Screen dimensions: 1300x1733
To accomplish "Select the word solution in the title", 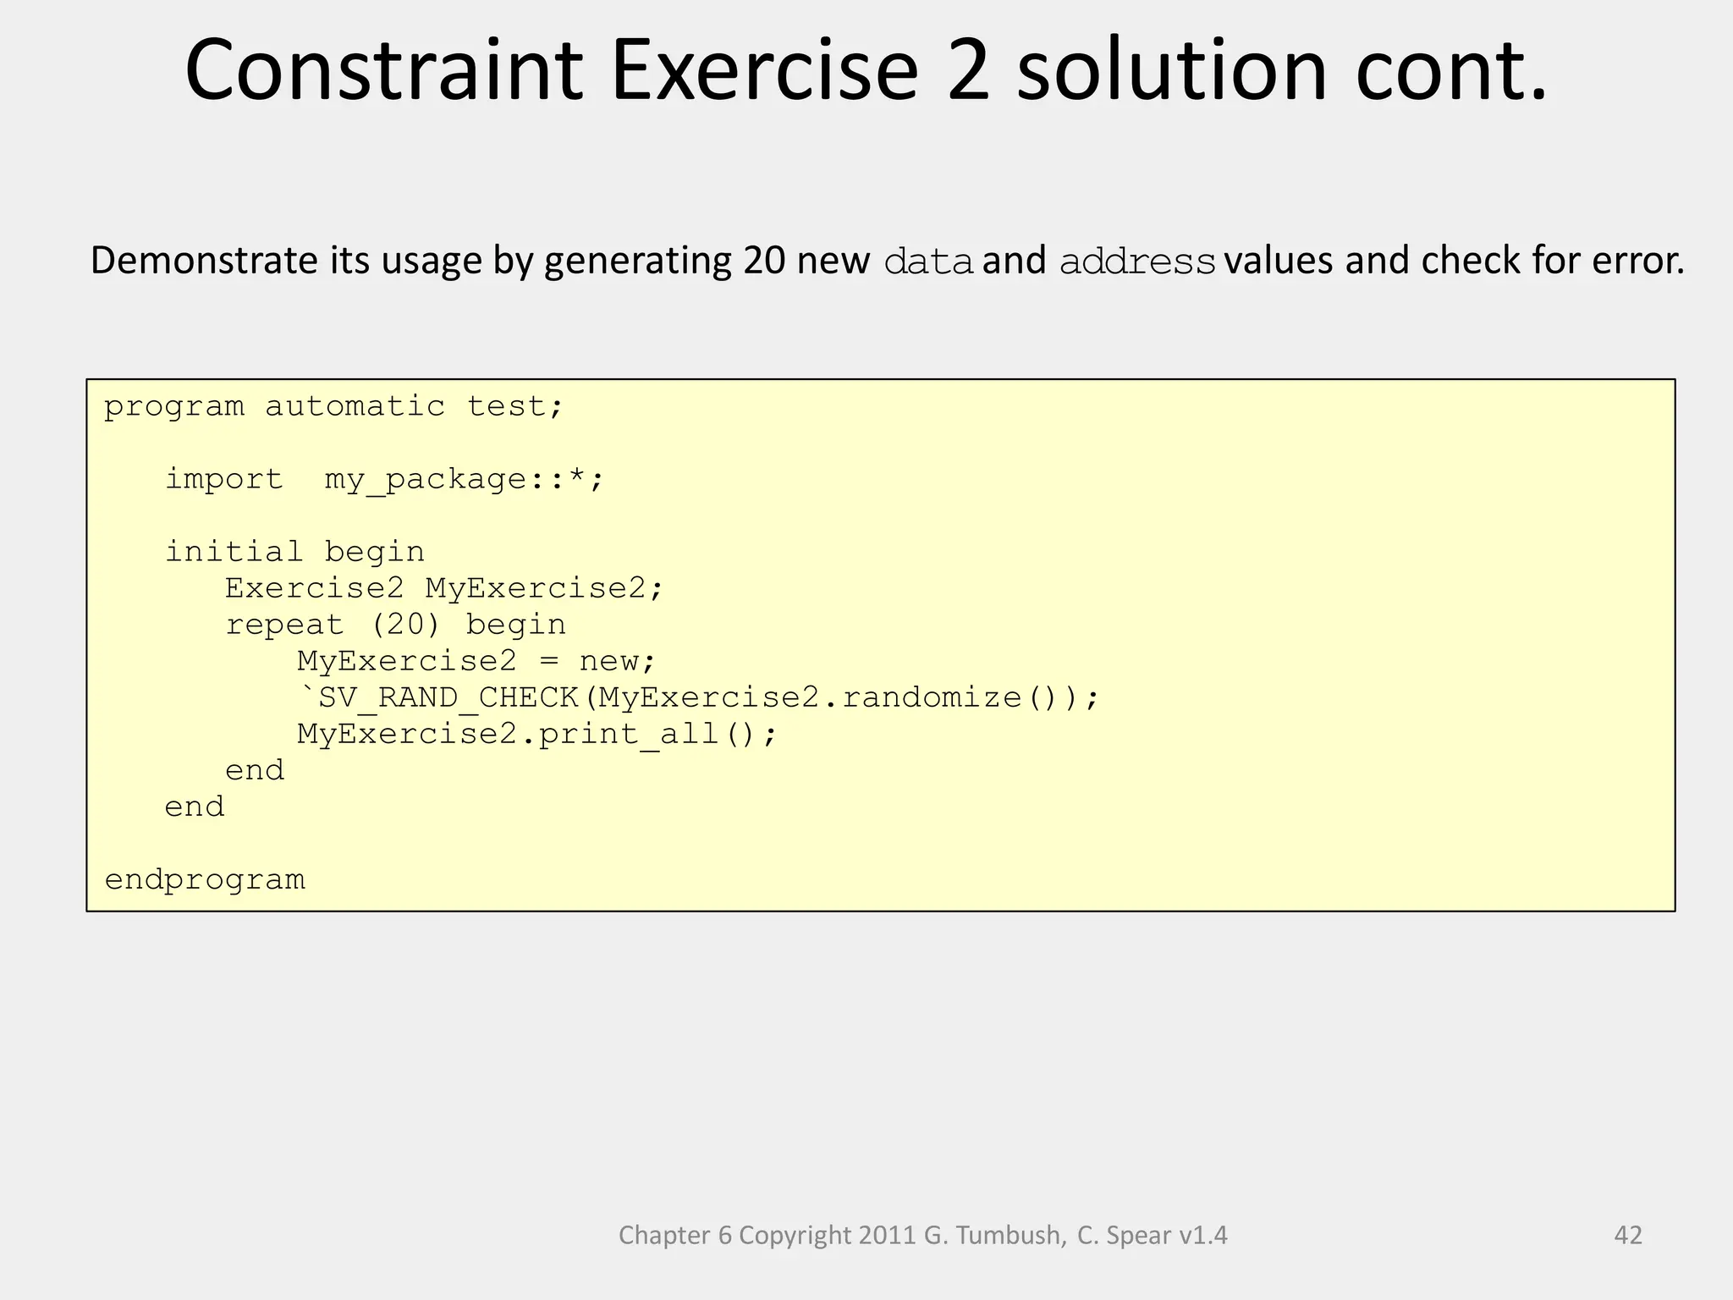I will click(x=1173, y=71).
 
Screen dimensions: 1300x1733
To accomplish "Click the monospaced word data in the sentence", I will click(x=927, y=262).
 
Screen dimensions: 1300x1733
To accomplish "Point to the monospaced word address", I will click(x=1137, y=262).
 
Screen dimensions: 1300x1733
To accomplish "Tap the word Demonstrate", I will click(x=205, y=261).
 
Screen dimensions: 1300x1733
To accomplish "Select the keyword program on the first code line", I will click(x=174, y=408).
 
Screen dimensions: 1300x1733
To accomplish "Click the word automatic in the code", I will click(x=355, y=407).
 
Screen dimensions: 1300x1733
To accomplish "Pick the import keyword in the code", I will click(x=224, y=480).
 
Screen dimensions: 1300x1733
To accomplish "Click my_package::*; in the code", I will click(x=465, y=481).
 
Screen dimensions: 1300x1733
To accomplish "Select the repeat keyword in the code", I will click(x=285, y=625).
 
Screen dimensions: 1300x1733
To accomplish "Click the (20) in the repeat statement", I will click(x=405, y=625).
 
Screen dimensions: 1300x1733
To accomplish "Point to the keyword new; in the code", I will click(x=617, y=661).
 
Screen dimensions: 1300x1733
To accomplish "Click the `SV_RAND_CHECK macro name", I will click(x=438, y=698).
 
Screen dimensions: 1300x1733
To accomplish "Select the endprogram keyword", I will click(x=205, y=880).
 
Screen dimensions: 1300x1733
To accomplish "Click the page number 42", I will click(x=1628, y=1235).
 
